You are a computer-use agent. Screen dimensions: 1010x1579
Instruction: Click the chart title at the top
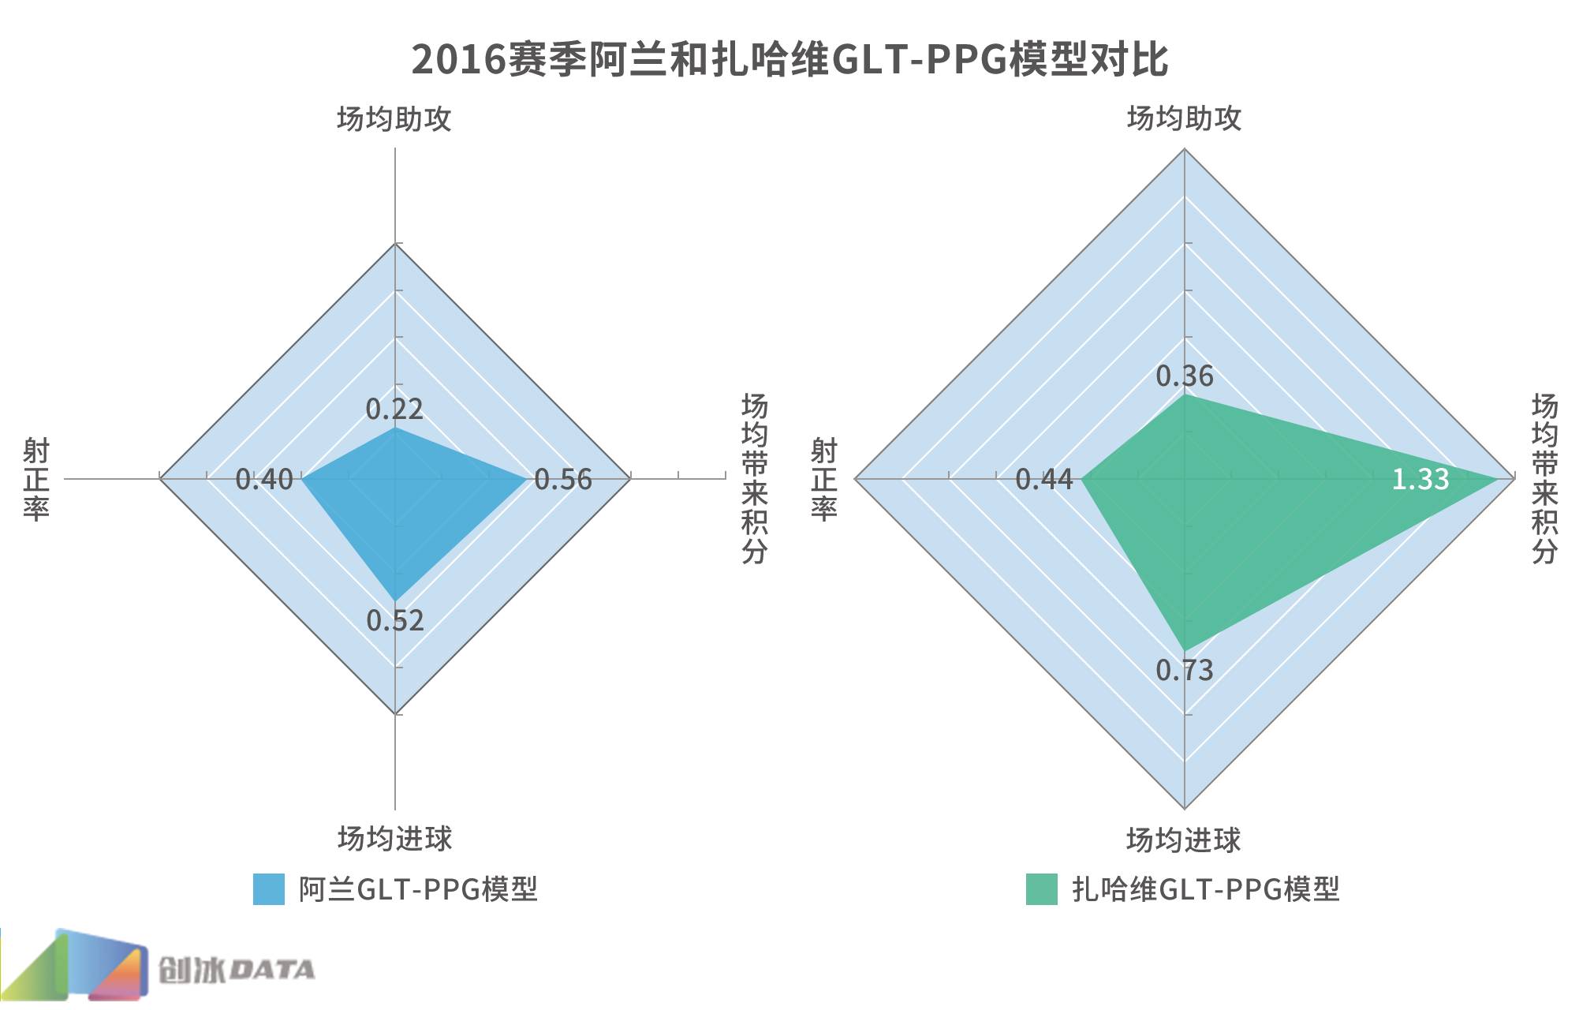789,58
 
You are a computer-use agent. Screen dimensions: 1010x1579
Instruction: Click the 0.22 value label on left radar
394,409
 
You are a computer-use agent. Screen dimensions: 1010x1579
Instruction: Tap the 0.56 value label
563,479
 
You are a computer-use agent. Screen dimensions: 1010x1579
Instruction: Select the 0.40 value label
264,479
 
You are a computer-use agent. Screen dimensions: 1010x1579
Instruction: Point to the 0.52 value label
395,620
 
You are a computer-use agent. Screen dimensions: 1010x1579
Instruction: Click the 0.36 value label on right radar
1185,376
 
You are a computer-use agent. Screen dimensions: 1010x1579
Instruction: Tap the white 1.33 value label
1420,479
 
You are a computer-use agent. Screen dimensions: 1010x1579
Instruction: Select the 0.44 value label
1044,479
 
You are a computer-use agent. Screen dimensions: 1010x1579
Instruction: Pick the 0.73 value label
1185,670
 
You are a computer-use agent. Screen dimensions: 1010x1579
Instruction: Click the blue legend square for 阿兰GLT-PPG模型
268,889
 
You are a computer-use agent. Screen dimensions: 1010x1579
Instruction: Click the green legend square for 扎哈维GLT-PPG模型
1041,889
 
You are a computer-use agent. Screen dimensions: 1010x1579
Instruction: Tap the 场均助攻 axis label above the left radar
394,119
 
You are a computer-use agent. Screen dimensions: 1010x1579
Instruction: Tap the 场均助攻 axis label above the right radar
1185,119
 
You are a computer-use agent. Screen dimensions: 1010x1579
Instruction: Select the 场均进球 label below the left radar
395,838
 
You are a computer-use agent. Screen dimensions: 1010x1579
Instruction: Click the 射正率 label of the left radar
36,479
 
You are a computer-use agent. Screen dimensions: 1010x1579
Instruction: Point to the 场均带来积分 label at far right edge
1544,478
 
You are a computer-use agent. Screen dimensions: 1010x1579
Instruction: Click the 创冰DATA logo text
236,970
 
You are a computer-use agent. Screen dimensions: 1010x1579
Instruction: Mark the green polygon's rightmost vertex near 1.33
1497,478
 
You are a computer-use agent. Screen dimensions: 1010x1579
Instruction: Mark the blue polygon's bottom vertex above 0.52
395,600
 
